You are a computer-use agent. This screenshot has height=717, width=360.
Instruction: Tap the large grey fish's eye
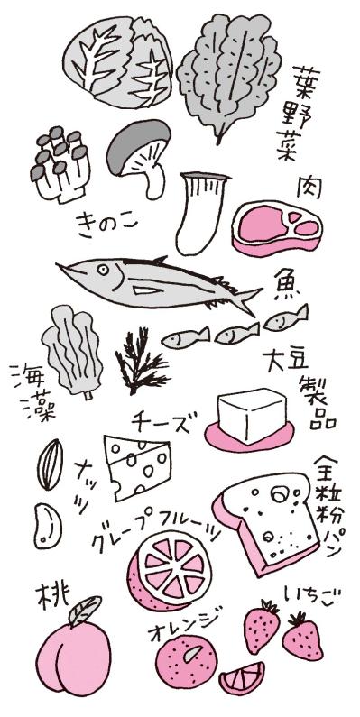[x=84, y=271]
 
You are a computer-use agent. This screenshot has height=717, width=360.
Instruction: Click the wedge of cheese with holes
[x=138, y=464]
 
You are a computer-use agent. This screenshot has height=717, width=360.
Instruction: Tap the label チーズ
[x=161, y=421]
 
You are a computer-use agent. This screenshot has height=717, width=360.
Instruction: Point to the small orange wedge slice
[x=243, y=677]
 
